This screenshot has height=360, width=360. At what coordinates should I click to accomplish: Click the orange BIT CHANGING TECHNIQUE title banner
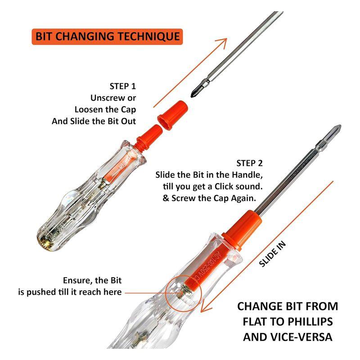[107, 37]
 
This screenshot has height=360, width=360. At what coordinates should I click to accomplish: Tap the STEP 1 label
[122, 86]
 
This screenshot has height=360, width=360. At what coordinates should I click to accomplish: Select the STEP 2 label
[249, 163]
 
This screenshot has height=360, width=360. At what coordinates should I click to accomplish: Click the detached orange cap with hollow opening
[173, 115]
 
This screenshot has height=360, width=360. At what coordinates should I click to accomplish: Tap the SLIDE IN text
[272, 254]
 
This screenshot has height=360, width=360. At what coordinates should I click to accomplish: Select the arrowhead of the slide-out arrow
[221, 43]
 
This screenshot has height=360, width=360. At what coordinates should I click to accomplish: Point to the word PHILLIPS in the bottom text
[310, 322]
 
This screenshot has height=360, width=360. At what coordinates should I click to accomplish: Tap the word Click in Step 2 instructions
[224, 186]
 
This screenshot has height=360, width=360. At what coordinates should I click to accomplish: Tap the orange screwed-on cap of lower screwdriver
[242, 230]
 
